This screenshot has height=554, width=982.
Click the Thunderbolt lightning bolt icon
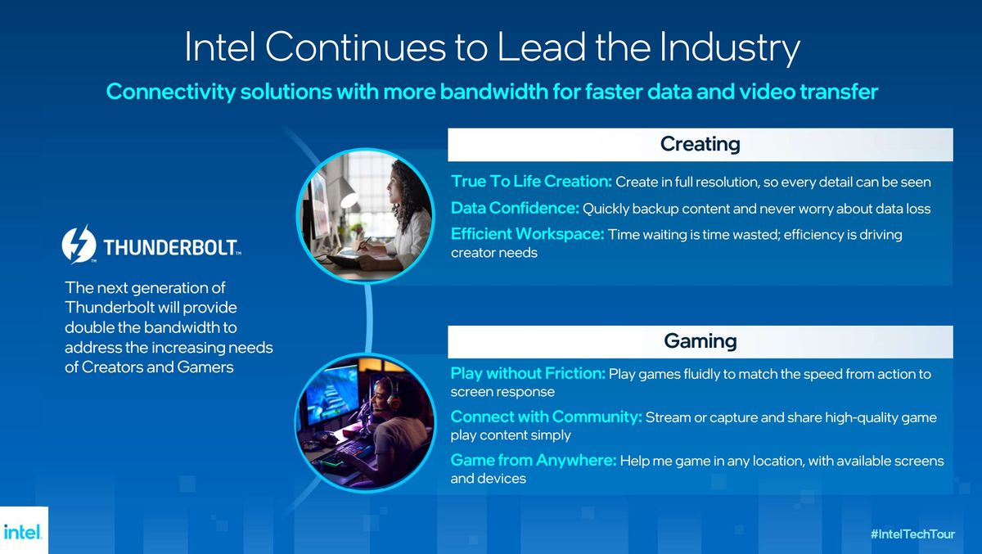click(x=79, y=244)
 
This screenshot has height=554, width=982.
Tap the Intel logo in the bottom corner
click(x=22, y=532)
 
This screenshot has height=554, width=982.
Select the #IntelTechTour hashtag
click(x=912, y=534)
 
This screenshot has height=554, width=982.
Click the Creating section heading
click(x=700, y=144)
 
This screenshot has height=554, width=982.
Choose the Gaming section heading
click(x=700, y=341)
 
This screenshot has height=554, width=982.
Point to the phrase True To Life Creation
click(x=531, y=181)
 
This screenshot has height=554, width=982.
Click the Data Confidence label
click(x=515, y=208)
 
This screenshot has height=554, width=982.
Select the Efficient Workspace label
click(x=527, y=234)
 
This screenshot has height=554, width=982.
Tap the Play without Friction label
click(x=528, y=373)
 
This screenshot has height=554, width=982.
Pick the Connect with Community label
click(x=547, y=417)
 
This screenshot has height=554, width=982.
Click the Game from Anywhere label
click(x=534, y=460)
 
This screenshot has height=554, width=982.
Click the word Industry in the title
click(x=729, y=48)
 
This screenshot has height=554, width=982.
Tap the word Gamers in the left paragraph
click(x=205, y=367)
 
